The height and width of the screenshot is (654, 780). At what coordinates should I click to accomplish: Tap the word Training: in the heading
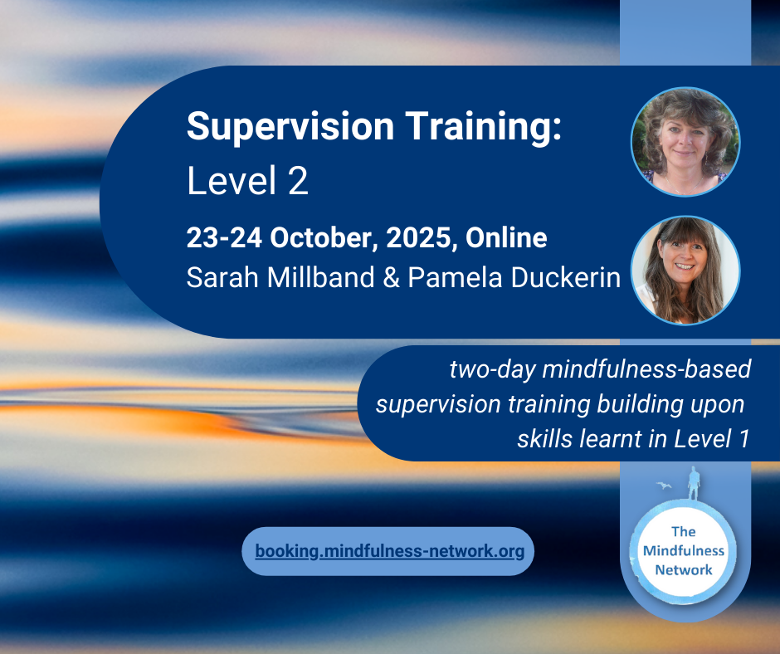(484, 126)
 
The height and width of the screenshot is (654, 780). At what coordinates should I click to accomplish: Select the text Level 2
(247, 181)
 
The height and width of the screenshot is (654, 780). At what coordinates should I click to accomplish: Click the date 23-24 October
(279, 238)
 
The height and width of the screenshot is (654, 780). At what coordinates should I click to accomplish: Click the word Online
(506, 238)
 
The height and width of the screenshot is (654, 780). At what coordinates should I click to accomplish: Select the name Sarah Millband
(280, 277)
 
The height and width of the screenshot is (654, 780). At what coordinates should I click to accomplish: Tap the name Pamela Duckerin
(514, 277)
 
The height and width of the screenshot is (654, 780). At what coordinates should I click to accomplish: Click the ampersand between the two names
(392, 278)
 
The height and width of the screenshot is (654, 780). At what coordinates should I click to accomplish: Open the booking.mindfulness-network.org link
(389, 551)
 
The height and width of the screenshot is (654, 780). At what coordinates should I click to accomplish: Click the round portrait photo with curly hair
(685, 142)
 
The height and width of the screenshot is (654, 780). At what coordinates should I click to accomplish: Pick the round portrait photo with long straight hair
(685, 271)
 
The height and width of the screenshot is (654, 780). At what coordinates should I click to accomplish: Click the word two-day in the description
(492, 370)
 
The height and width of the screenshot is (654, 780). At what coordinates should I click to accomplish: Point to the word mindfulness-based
(646, 369)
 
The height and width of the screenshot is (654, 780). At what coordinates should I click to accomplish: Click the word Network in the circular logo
(684, 570)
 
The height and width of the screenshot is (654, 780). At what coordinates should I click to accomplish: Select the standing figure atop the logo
(694, 483)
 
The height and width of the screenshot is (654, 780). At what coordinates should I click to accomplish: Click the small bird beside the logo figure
(664, 486)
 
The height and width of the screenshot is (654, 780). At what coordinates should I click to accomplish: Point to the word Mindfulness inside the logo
(684, 550)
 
